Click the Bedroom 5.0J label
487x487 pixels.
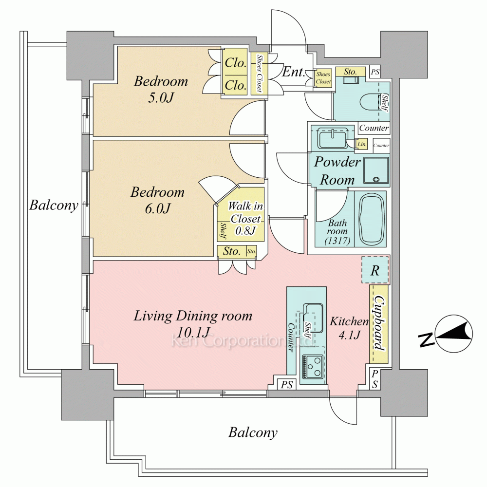click(161, 89)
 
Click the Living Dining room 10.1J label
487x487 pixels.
click(193, 323)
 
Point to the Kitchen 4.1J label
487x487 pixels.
click(349, 328)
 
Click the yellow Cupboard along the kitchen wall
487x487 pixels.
click(380, 324)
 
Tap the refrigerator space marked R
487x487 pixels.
click(375, 271)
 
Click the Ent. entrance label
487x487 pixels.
click(294, 73)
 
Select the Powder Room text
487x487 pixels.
click(337, 170)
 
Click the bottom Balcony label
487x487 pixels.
click(253, 432)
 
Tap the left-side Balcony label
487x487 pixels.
click(54, 205)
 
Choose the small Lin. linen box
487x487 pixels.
click(362, 144)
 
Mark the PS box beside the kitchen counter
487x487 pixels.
click(287, 385)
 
